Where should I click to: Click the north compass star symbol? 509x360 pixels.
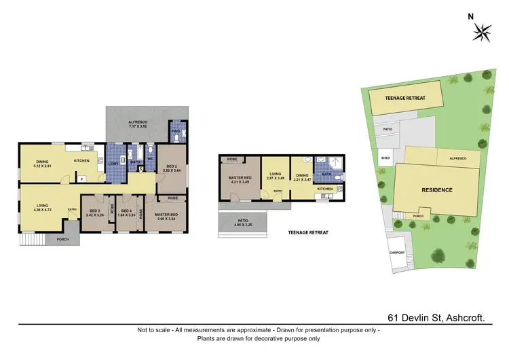pos(483,30)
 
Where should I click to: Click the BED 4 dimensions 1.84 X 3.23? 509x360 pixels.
pos(125,214)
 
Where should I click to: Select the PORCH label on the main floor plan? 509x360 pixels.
pos(62,239)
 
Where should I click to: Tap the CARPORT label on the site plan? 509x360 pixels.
pos(396,253)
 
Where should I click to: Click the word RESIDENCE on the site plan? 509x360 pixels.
pos(436,190)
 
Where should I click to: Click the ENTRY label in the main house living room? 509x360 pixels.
pos(72,209)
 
